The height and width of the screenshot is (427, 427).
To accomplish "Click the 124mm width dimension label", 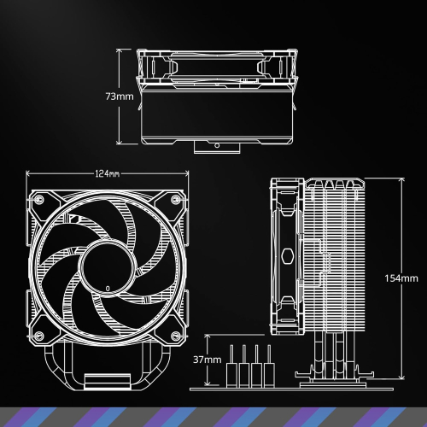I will (108, 174).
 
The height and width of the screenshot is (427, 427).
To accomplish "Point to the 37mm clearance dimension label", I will (208, 360).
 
